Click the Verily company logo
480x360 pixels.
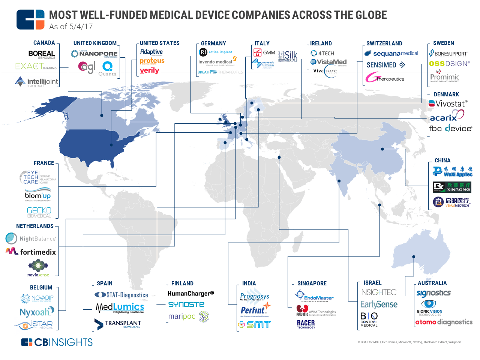[149, 70]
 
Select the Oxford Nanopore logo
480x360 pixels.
[94, 54]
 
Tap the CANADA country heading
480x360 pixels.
[44, 43]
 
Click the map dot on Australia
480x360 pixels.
[414, 257]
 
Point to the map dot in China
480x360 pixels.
[382, 149]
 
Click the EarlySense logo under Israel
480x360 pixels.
[379, 304]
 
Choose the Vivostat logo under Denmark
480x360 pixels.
[448, 103]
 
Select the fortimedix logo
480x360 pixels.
[31, 252]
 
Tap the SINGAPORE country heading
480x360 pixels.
[312, 283]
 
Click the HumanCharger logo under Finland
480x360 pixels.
[190, 293]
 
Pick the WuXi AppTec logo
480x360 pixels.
[452, 172]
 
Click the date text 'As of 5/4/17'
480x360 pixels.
[71, 27]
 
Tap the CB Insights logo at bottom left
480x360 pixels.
[57, 342]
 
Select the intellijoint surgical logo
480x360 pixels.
[37, 82]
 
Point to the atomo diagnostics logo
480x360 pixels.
[444, 322]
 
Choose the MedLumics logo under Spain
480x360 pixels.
[120, 308]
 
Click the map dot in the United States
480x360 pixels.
[111, 145]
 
